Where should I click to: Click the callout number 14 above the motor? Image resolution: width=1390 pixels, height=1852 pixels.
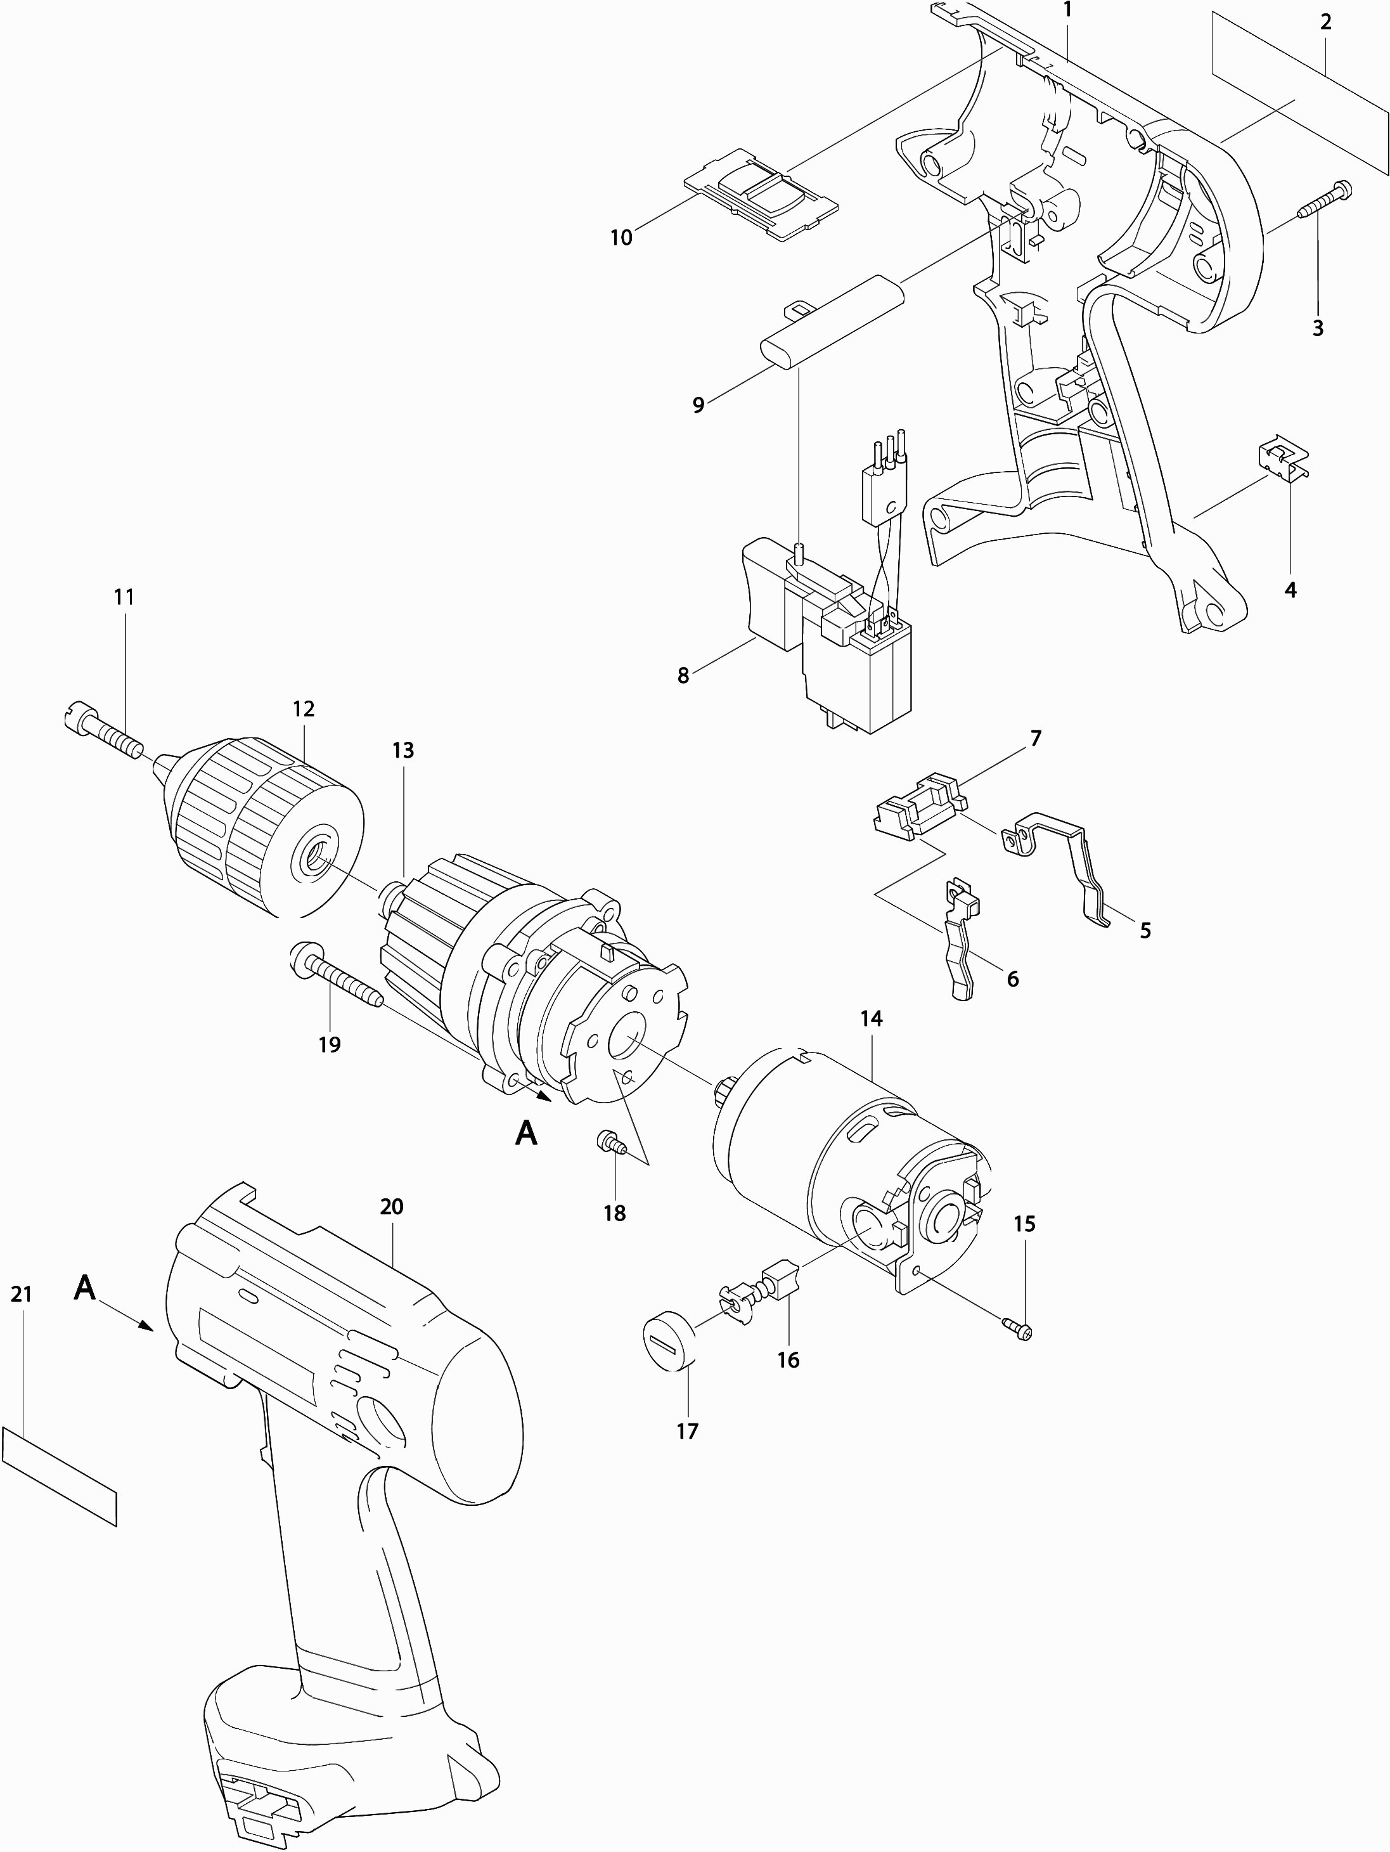pos(871,1019)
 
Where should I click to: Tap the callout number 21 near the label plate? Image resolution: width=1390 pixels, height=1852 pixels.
pos(22,1295)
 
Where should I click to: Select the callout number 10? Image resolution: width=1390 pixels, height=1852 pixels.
pos(621,238)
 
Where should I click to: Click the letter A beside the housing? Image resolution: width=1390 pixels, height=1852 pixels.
pos(84,1288)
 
